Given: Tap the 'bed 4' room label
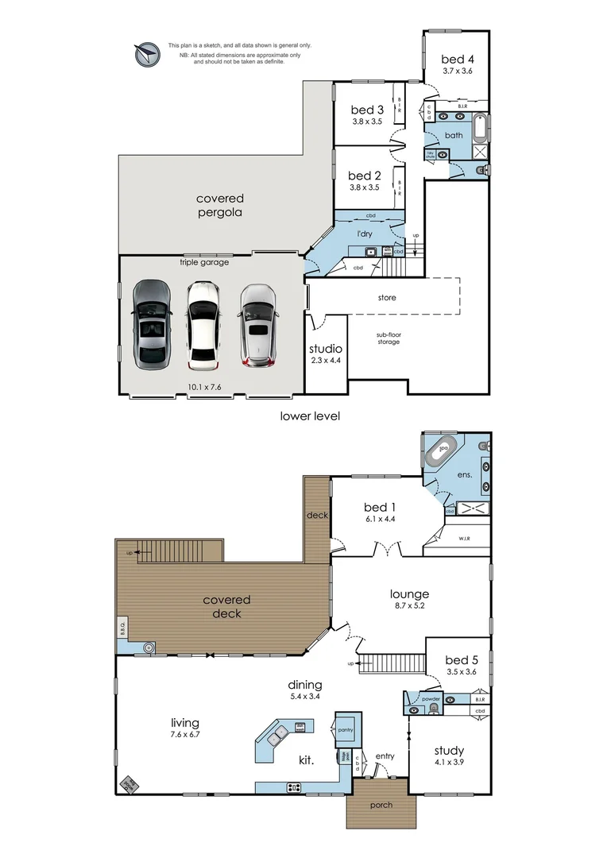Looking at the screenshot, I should [x=458, y=59].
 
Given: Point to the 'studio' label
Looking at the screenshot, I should [x=326, y=348].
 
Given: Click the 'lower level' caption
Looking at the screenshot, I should [x=310, y=415].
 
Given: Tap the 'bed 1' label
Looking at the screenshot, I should [x=379, y=507].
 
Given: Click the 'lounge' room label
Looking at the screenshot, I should [x=409, y=593].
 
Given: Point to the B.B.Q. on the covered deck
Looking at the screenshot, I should [x=123, y=628].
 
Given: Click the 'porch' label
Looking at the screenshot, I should [x=381, y=805].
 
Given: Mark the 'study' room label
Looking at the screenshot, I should [x=449, y=750].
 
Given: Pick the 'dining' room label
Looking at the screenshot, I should [x=305, y=684].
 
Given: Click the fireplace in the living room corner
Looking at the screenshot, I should [x=129, y=783].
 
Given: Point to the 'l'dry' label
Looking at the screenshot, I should [x=365, y=234].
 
